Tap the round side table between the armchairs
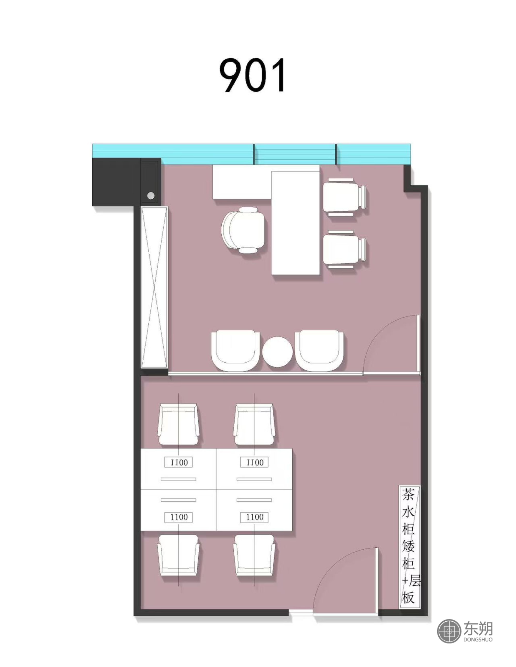(277, 352)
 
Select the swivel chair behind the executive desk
(243, 230)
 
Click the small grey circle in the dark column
(151, 196)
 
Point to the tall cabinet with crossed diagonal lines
(154, 287)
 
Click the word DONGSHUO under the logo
(478, 639)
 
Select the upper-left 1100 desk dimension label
(179, 462)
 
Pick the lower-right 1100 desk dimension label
(254, 517)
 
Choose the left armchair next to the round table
(236, 350)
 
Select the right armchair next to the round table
(319, 350)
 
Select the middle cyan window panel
(295, 154)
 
